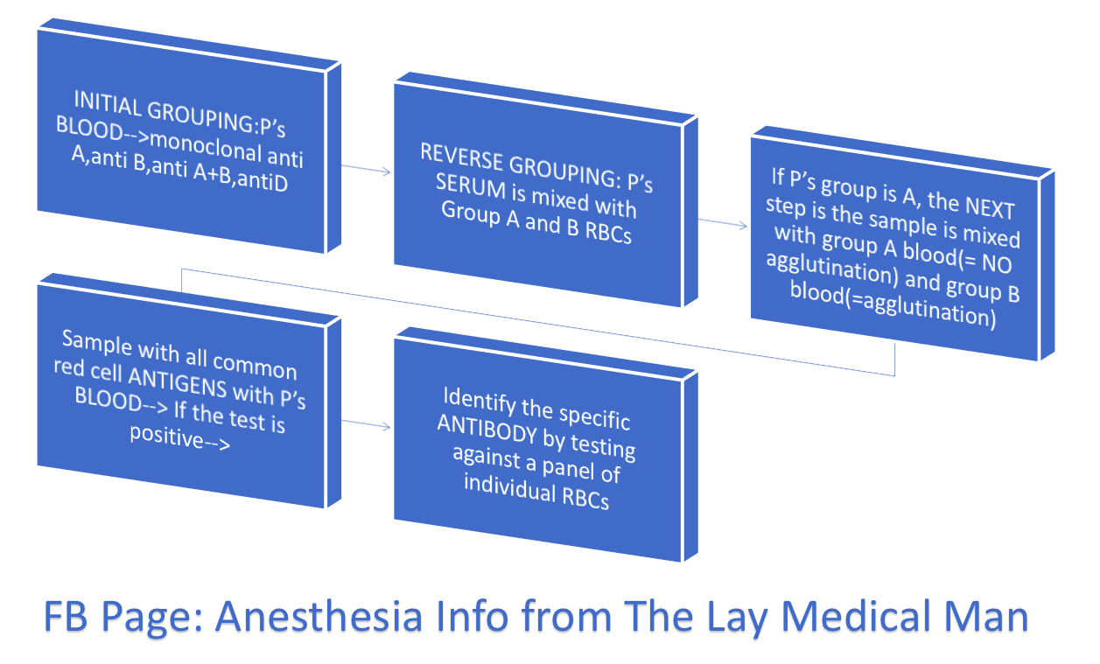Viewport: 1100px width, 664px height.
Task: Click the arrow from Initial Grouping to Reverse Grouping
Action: pyautogui.click(x=367, y=168)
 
